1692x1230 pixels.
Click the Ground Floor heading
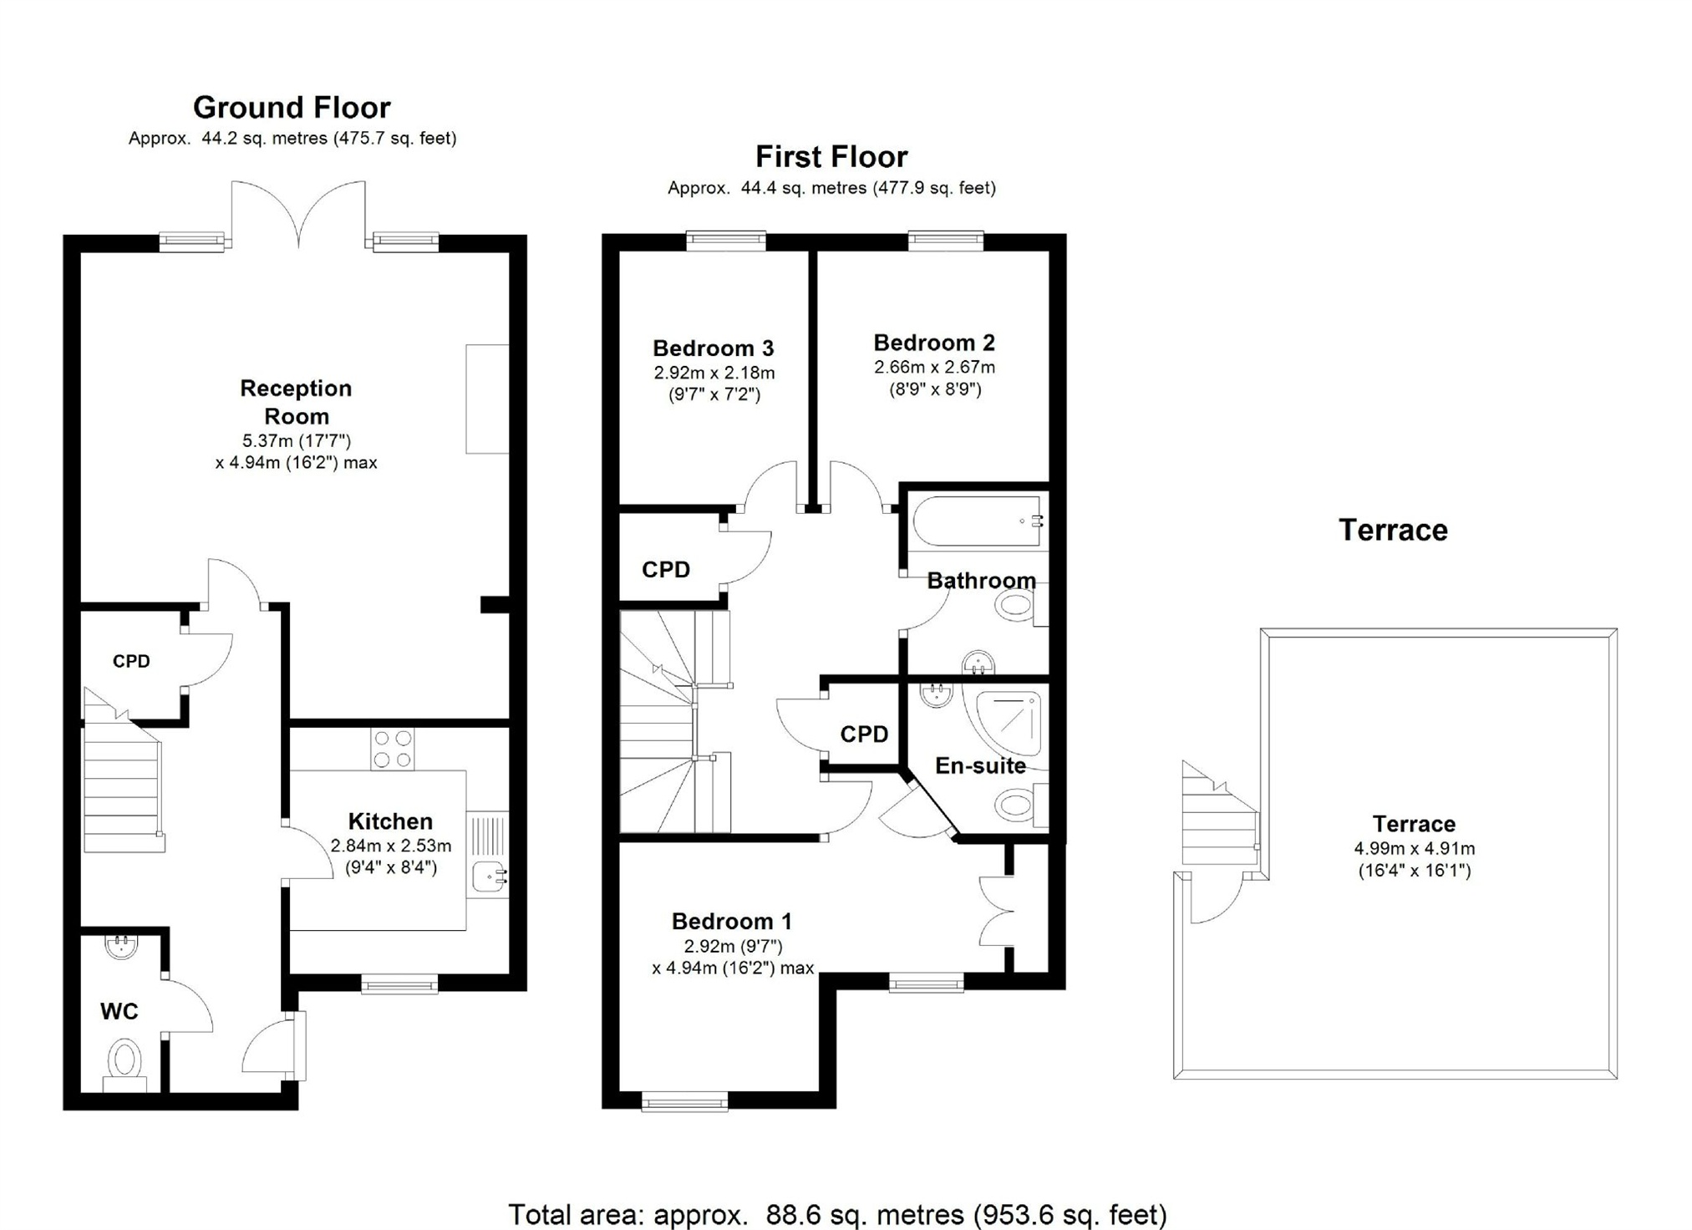click(x=292, y=108)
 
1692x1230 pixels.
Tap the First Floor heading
click(x=831, y=157)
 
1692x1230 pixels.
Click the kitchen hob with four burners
click(x=393, y=749)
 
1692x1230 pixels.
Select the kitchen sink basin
click(x=488, y=877)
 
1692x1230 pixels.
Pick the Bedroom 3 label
click(x=714, y=348)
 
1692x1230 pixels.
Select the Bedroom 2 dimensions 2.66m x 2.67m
click(x=934, y=368)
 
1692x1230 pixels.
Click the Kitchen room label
click(x=390, y=821)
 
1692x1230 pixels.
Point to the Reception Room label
click(x=296, y=402)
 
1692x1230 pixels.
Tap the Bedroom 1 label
click(x=732, y=922)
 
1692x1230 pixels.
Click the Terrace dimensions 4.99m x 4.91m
click(x=1415, y=849)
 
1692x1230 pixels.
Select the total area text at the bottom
click(x=837, y=1214)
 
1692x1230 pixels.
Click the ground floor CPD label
click(x=131, y=662)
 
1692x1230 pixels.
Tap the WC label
click(x=119, y=1012)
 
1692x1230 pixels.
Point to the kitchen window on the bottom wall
click(x=399, y=983)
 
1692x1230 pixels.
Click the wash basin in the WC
click(x=121, y=946)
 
